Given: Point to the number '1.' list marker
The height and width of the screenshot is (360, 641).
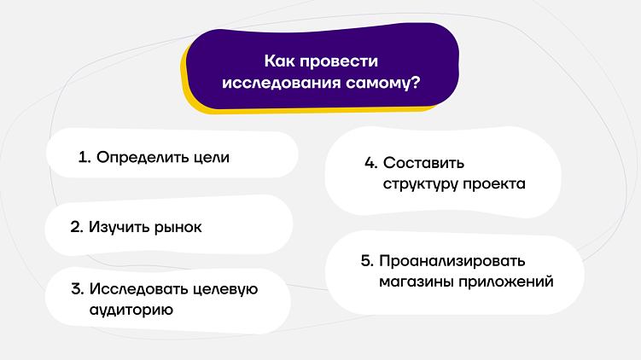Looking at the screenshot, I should coord(84,158).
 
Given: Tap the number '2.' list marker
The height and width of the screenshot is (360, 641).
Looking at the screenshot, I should coord(76,229).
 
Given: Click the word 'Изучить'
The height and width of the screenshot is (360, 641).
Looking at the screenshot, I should coord(119,229).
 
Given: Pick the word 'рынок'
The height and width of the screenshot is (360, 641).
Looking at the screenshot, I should coord(178,229).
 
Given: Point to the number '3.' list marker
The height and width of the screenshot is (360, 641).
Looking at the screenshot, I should coord(77,289).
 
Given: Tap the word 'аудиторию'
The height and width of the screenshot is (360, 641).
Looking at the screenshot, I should coord(131,311).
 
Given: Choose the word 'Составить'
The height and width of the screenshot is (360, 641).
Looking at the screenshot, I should coord(424,162).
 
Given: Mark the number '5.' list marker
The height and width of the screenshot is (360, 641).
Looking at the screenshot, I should coord(367,261).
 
